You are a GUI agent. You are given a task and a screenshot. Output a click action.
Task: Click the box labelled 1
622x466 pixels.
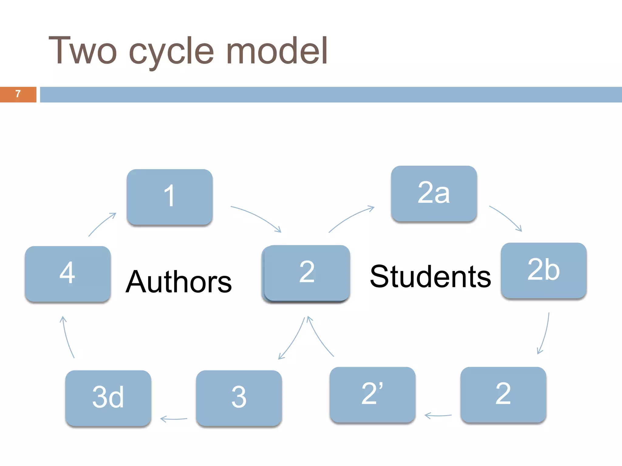coord(169,197)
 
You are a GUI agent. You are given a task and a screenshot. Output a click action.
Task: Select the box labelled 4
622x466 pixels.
coord(68,273)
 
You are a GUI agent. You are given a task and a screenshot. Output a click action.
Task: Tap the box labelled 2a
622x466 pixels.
coord(434,193)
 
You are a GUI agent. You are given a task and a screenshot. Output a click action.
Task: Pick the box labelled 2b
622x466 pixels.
coord(543,270)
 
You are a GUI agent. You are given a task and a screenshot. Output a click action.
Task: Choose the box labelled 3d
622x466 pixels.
coord(108,398)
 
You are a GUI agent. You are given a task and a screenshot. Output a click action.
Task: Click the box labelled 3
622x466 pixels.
coord(239,398)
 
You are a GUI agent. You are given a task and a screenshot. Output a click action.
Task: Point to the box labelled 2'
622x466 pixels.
coord(372,394)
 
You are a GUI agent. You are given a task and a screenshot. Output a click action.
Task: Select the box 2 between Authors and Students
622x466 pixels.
coord(306,273)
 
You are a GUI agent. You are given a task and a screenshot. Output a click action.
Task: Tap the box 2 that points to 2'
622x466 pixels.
coord(503,394)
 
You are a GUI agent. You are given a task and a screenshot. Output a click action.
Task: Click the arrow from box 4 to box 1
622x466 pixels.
coord(102,225)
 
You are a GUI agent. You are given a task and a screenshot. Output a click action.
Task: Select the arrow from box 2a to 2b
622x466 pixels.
coord(506,218)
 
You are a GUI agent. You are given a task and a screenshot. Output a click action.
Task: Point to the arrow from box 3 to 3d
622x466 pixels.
coord(174,419)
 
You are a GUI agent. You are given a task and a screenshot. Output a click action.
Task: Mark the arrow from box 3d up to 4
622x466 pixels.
coord(67,337)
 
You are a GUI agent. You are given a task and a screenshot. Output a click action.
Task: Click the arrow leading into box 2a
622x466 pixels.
coord(351,218)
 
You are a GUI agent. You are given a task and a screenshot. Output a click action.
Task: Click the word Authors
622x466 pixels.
coord(179,282)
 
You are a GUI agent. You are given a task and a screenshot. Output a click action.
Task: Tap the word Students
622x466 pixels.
coord(430,276)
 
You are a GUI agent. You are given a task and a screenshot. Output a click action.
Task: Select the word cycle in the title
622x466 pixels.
coord(171,52)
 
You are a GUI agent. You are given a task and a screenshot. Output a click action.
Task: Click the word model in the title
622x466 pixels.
coord(277,50)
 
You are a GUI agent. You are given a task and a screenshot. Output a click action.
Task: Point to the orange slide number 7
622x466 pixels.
coord(18,94)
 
